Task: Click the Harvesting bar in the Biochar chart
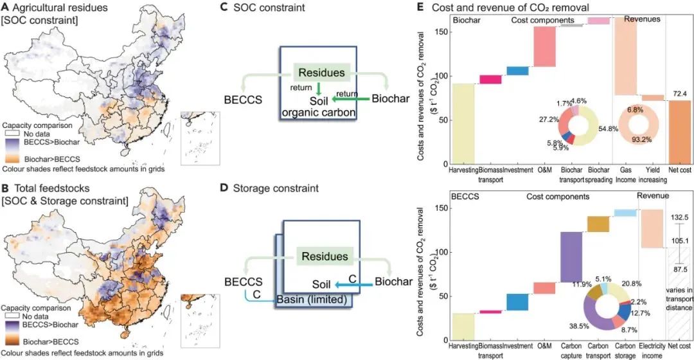pos(463,123)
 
